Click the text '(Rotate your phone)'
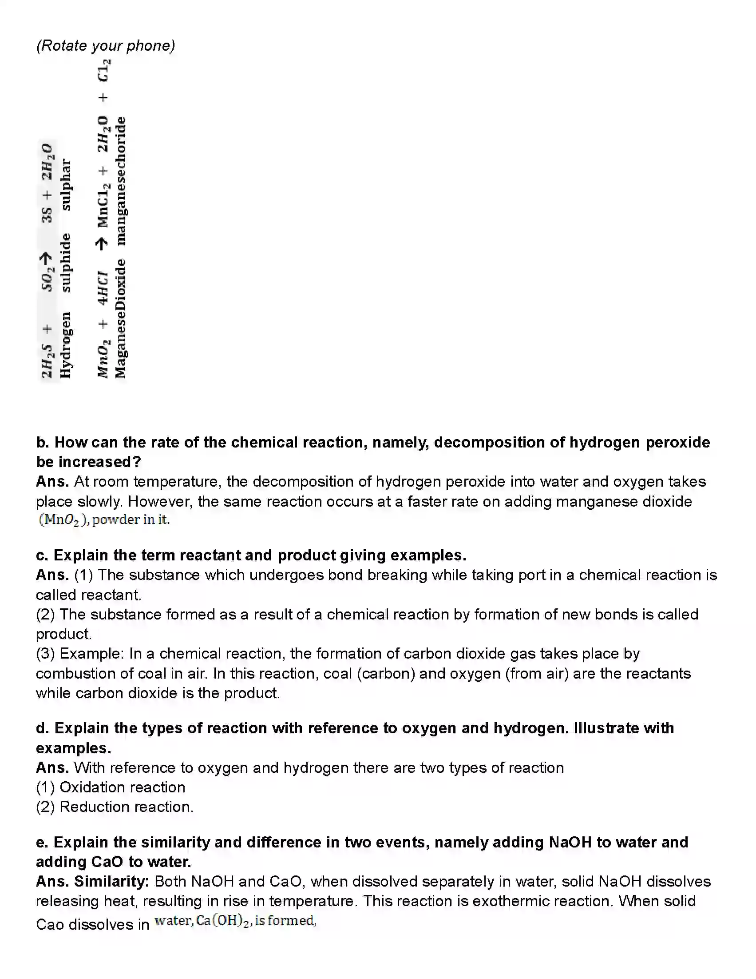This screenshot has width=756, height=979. (106, 46)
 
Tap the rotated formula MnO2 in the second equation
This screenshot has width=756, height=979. (103, 358)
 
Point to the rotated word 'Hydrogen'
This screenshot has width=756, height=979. (65, 345)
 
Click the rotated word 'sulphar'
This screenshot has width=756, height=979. (65, 184)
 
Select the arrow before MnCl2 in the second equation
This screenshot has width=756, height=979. (102, 244)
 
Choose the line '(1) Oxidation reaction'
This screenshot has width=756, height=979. (111, 787)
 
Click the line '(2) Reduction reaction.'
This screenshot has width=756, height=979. (115, 807)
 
